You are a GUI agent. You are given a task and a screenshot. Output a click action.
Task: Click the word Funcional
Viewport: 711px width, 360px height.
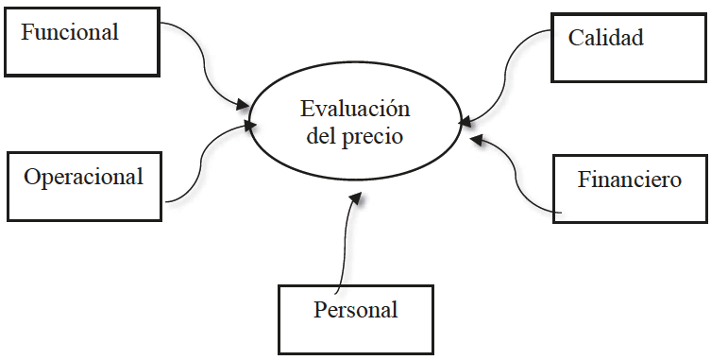coord(70,32)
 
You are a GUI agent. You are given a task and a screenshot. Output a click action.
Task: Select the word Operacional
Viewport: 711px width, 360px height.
coord(84,177)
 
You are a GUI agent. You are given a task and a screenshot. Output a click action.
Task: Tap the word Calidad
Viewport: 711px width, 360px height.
coord(605,38)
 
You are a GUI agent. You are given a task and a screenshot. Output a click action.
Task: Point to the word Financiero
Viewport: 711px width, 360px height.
coord(629,180)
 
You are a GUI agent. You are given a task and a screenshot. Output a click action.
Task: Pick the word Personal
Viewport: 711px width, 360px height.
coord(355,309)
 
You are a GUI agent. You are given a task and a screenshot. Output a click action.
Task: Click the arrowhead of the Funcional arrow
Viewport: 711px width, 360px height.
coord(244,102)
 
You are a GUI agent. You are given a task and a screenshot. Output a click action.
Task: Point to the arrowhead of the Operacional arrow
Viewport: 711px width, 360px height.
coord(248,124)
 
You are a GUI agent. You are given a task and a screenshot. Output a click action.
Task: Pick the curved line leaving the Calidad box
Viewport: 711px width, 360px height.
coord(510,66)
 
